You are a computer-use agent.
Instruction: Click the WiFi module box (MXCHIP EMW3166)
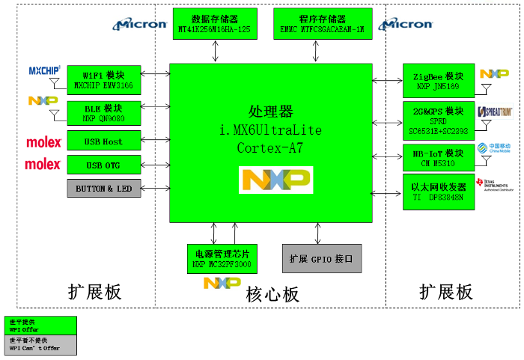(104, 79)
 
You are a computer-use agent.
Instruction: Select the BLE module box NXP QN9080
(104, 113)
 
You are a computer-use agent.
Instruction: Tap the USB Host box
(104, 141)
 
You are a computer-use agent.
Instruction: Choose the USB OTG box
(104, 165)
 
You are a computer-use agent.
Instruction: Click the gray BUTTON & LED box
(104, 189)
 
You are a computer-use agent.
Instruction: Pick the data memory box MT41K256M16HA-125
(215, 25)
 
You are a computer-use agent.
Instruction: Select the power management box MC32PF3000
(222, 257)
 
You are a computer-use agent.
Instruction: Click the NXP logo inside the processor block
(275, 180)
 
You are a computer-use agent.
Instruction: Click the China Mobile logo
(493, 147)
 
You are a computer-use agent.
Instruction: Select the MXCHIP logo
(44, 71)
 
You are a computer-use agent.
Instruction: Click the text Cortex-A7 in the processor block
(270, 148)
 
